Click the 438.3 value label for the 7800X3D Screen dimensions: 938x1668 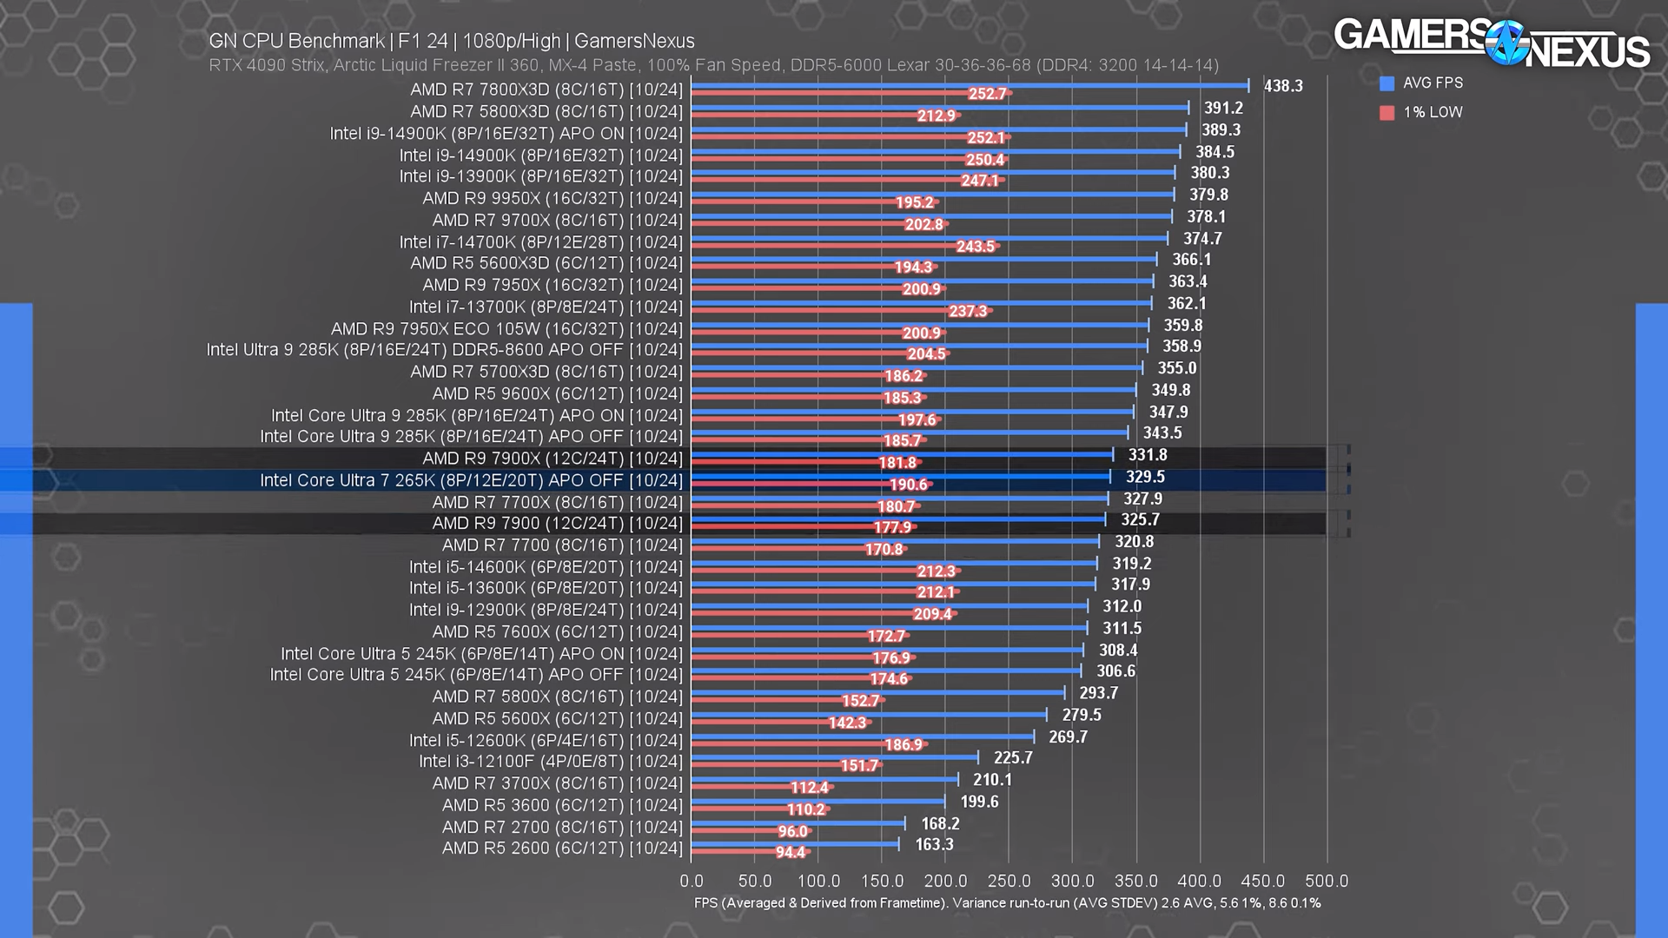1282,86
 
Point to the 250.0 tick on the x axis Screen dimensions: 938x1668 1009,881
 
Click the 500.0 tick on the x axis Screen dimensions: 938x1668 1327,881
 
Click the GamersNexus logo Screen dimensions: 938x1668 1491,43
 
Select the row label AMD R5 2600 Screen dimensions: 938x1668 562,848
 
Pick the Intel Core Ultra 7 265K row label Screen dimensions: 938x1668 471,480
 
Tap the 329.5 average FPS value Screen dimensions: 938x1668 1145,477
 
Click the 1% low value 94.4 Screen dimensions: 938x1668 790,852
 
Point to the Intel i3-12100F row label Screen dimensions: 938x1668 551,762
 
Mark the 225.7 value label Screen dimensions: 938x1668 1013,758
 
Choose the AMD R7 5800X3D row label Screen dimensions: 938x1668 546,112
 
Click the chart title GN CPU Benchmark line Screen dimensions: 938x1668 452,41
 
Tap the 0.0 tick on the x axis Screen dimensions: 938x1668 692,881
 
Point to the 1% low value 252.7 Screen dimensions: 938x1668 987,94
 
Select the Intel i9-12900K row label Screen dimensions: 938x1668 546,610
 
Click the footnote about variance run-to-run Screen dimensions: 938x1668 1007,903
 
